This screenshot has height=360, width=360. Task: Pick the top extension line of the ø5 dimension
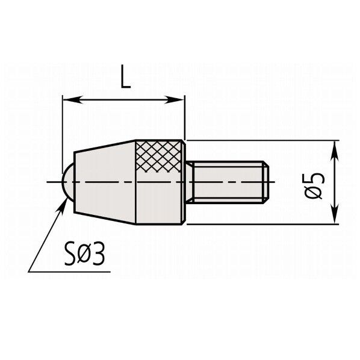pyautogui.click(x=265, y=140)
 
